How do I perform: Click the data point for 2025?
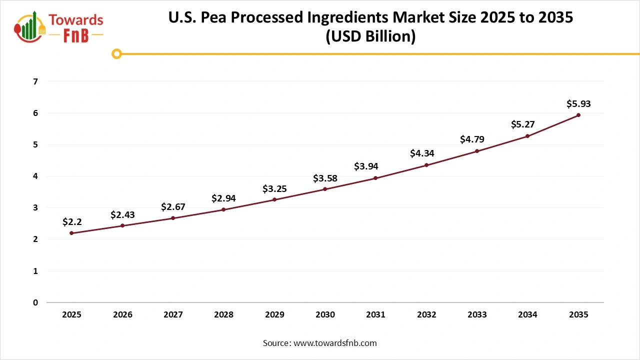[x=72, y=233]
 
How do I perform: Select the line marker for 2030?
[x=325, y=189]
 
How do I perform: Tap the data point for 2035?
[x=578, y=115]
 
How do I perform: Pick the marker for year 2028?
[x=223, y=209]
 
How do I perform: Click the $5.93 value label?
[x=578, y=103]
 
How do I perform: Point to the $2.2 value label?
[x=72, y=221]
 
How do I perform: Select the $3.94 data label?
[x=375, y=166]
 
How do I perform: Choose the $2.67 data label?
[x=173, y=206]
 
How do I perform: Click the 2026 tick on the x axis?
[x=122, y=315]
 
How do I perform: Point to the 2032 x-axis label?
[x=426, y=315]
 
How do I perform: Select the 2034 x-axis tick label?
[x=527, y=315]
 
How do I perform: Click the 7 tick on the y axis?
[x=35, y=81]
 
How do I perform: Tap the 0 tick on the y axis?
[x=35, y=302]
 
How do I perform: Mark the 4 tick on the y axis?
[x=35, y=176]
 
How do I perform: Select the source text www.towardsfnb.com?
[x=334, y=343]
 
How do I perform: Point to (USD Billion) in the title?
[x=370, y=37]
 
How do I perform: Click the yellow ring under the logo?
[x=116, y=53]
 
